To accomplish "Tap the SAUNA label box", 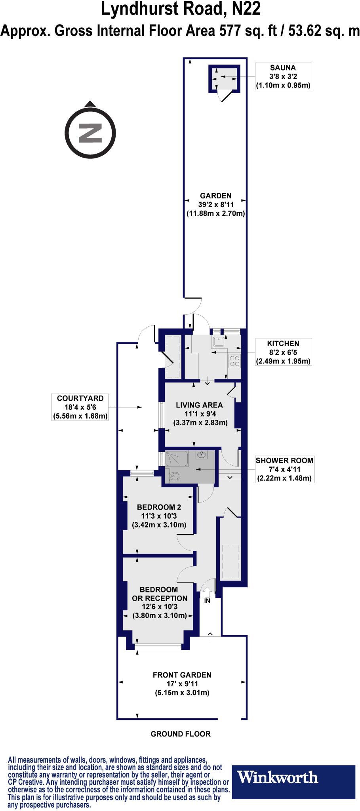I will [283, 76].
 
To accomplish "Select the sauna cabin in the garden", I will [225, 78].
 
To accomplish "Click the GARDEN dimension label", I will [216, 204].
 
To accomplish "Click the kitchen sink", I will [218, 341].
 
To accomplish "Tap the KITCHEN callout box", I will [283, 352].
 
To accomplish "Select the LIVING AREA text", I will [199, 405].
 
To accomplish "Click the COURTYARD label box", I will [80, 407].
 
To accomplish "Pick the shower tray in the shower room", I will [178, 459].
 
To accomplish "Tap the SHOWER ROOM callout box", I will [284, 469].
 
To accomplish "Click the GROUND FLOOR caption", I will [181, 734].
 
